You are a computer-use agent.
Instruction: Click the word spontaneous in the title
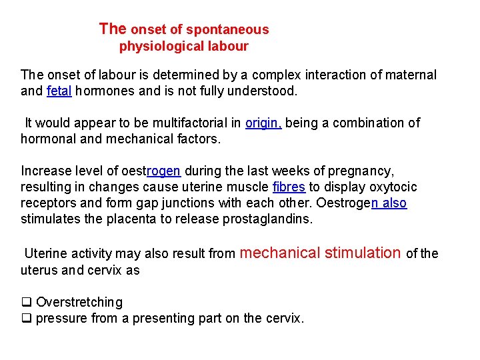pyautogui.click(x=227, y=29)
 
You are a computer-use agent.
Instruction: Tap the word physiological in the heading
pyautogui.click(x=165, y=47)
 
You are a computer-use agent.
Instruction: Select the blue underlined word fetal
pyautogui.click(x=59, y=91)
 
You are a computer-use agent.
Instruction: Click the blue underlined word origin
pyautogui.click(x=263, y=123)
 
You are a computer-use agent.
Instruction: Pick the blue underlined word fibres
pyautogui.click(x=289, y=187)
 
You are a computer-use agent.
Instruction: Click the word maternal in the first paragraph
pyautogui.click(x=408, y=75)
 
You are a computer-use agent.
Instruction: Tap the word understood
pyautogui.click(x=264, y=91)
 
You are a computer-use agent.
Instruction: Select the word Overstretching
pyautogui.click(x=79, y=303)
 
